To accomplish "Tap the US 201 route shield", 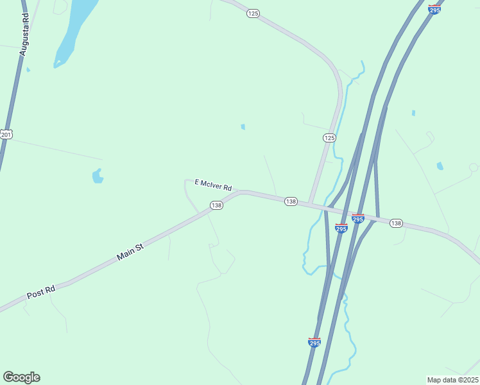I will pyautogui.click(x=6, y=133).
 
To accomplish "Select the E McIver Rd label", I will pyautogui.click(x=212, y=185).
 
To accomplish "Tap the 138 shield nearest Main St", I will pyautogui.click(x=216, y=205).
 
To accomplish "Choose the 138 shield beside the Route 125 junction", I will pyautogui.click(x=291, y=201).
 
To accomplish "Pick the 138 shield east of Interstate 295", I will pyautogui.click(x=396, y=223).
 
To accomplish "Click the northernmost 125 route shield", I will pyautogui.click(x=253, y=13).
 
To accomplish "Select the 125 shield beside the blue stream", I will pyautogui.click(x=329, y=138).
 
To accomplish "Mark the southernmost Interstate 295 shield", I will pyautogui.click(x=314, y=343).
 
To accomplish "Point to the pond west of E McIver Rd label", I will pyautogui.click(x=98, y=175).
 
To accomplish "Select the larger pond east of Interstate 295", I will pyautogui.click(x=440, y=166).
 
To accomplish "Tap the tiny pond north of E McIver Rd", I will pyautogui.click(x=243, y=127).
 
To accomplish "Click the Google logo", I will pyautogui.click(x=21, y=377).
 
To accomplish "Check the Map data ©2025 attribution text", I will pyautogui.click(x=452, y=379).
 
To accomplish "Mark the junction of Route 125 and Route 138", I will pyautogui.click(x=310, y=205).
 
